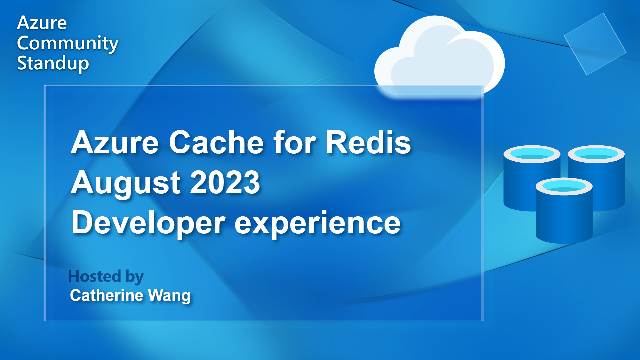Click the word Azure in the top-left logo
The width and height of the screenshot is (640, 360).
point(42,23)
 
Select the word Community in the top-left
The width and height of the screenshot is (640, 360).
point(68,43)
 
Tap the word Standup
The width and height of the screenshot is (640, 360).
point(53,63)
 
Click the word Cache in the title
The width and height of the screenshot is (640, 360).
point(217,143)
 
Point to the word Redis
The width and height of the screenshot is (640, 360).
point(368,143)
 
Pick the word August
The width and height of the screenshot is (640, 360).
point(126,183)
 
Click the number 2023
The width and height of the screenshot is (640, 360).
point(225,182)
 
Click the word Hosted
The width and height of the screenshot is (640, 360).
point(94,276)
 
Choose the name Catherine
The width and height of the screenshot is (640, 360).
point(107,295)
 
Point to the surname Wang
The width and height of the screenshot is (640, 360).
point(169,296)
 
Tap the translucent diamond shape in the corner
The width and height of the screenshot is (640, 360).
point(595,44)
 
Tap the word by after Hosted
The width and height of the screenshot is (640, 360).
point(135,277)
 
